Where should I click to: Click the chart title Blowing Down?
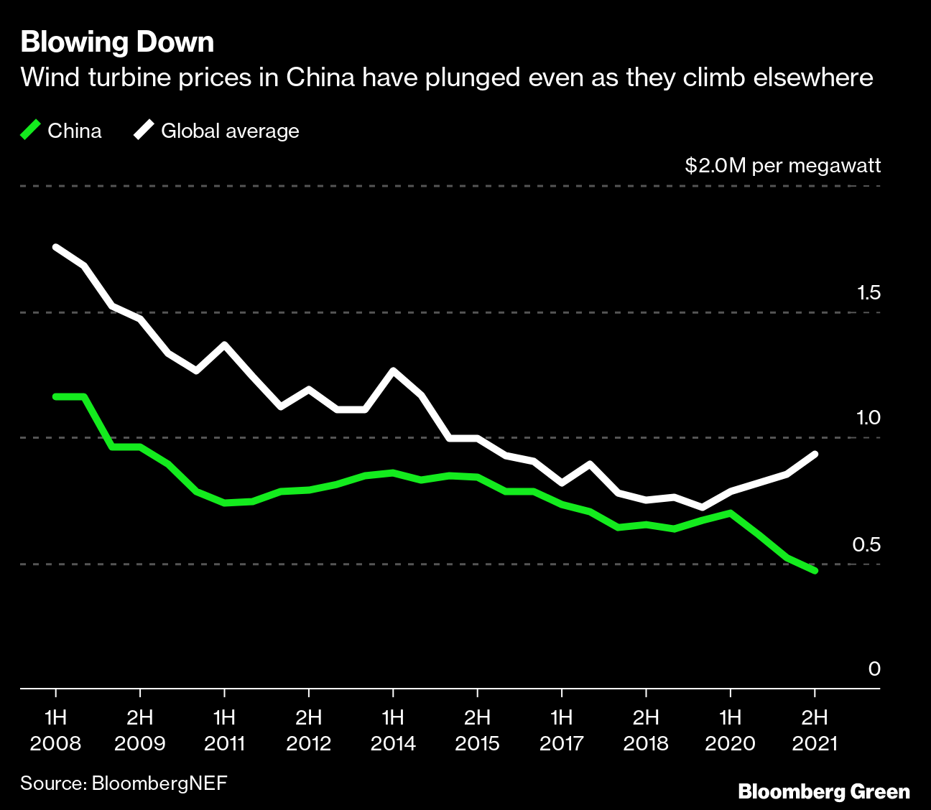pos(117,42)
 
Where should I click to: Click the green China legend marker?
pos(30,130)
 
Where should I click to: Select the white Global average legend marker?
pos(144,130)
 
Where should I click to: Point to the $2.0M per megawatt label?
pos(782,166)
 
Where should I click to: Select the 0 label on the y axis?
pos(874,669)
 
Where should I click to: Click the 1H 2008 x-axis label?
pos(55,730)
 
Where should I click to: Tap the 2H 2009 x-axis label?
pos(140,730)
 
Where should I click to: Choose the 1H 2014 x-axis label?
pos(393,730)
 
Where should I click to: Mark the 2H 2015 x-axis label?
pos(477,730)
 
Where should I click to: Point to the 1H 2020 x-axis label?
pos(731,730)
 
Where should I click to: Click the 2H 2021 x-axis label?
pos(815,730)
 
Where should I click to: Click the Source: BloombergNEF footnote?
pos(124,782)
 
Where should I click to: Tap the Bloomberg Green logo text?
pos(824,792)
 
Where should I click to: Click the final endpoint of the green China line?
pos(815,571)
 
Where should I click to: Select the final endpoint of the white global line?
pos(815,454)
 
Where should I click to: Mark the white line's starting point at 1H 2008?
pos(56,247)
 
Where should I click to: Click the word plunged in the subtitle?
pos(473,77)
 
